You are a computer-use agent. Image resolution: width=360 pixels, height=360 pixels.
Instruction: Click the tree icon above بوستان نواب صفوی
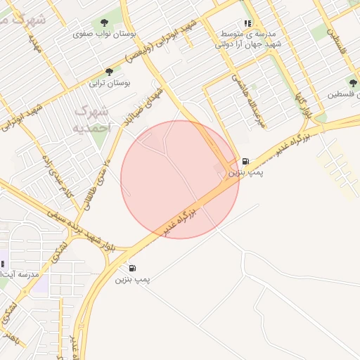click(105, 23)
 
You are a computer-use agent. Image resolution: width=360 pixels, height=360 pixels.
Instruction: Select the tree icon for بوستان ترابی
click(108, 72)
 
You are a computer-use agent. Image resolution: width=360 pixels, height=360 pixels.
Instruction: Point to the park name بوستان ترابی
click(108, 83)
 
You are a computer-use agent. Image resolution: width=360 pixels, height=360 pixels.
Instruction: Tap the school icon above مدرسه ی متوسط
click(247, 23)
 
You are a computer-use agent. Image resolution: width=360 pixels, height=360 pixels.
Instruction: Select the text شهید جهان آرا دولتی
click(247, 44)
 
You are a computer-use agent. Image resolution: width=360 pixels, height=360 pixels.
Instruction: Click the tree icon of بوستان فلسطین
click(353, 83)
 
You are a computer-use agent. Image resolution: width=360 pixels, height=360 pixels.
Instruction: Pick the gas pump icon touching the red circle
click(245, 162)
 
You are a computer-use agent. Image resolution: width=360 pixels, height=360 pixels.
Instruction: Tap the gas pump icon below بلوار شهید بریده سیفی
click(133, 268)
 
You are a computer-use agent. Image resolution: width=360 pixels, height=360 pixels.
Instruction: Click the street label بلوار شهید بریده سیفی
click(79, 226)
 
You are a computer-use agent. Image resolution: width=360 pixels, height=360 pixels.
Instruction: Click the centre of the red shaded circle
click(180, 179)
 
